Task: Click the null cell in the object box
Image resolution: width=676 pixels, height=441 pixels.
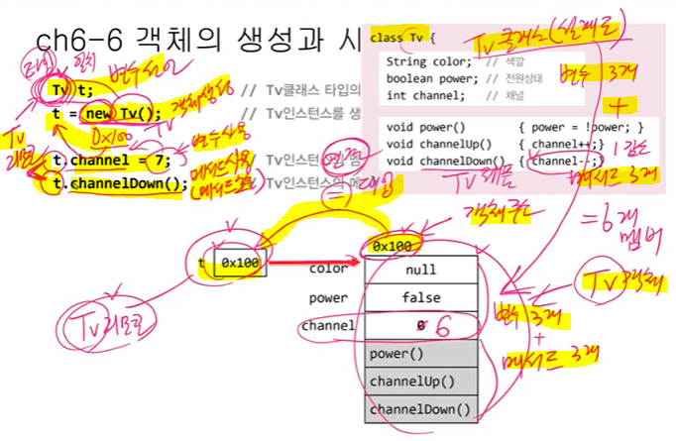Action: pyautogui.click(x=420, y=270)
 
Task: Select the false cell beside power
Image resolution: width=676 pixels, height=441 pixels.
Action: pyautogui.click(x=420, y=297)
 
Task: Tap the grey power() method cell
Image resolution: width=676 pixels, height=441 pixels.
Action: pyautogui.click(x=420, y=353)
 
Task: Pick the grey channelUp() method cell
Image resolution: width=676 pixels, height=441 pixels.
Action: pyautogui.click(x=420, y=381)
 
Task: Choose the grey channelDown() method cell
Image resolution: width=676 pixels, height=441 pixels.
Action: pyautogui.click(x=420, y=407)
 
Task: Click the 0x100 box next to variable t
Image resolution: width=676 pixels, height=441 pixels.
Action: pyautogui.click(x=239, y=264)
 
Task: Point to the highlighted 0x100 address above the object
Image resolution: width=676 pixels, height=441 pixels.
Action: pyautogui.click(x=394, y=245)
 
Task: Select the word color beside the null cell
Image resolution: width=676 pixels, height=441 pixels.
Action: pyautogui.click(x=328, y=269)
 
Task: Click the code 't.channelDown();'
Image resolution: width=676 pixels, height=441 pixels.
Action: pyautogui.click(x=119, y=182)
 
